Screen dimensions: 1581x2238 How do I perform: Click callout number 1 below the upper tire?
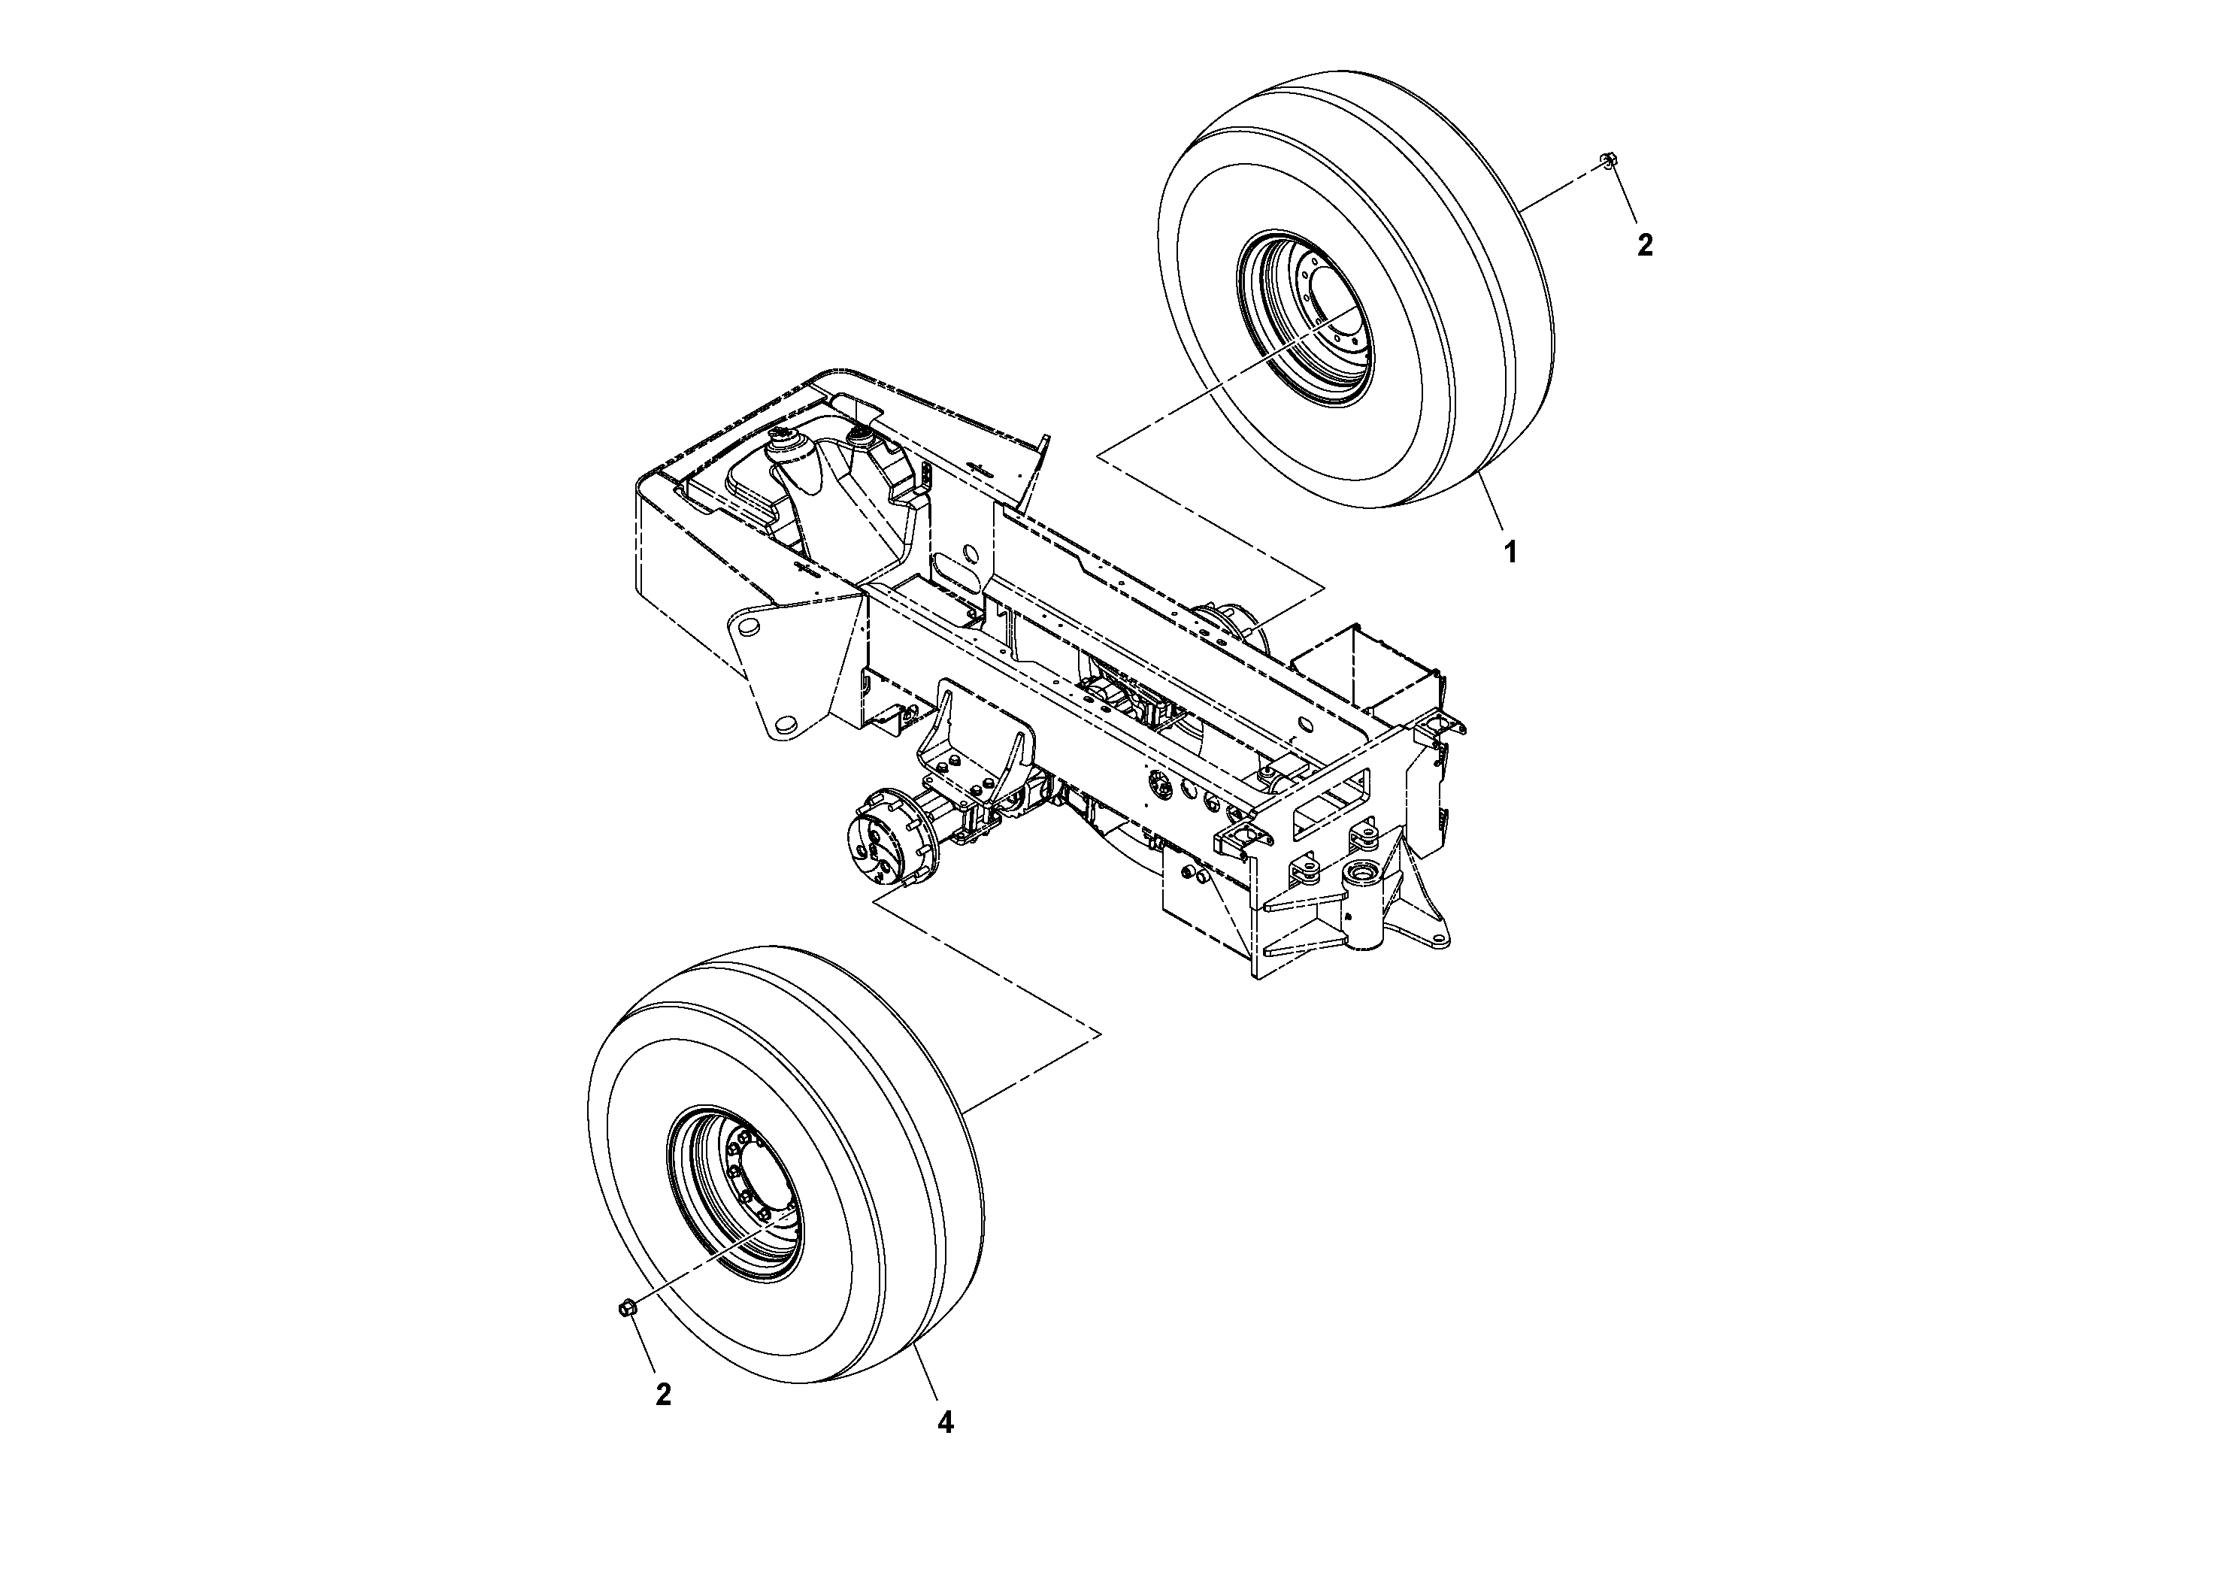click(x=1509, y=553)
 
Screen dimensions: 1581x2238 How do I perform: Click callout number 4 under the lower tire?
click(x=944, y=1423)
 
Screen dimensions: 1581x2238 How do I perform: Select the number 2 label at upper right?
click(x=1644, y=246)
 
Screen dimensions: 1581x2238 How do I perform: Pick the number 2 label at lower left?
click(x=663, y=1395)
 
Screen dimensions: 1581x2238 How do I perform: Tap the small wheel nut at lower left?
click(x=628, y=1308)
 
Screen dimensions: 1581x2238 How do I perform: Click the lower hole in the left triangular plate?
click(x=789, y=723)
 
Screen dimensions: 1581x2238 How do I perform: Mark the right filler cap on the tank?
click(x=862, y=438)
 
